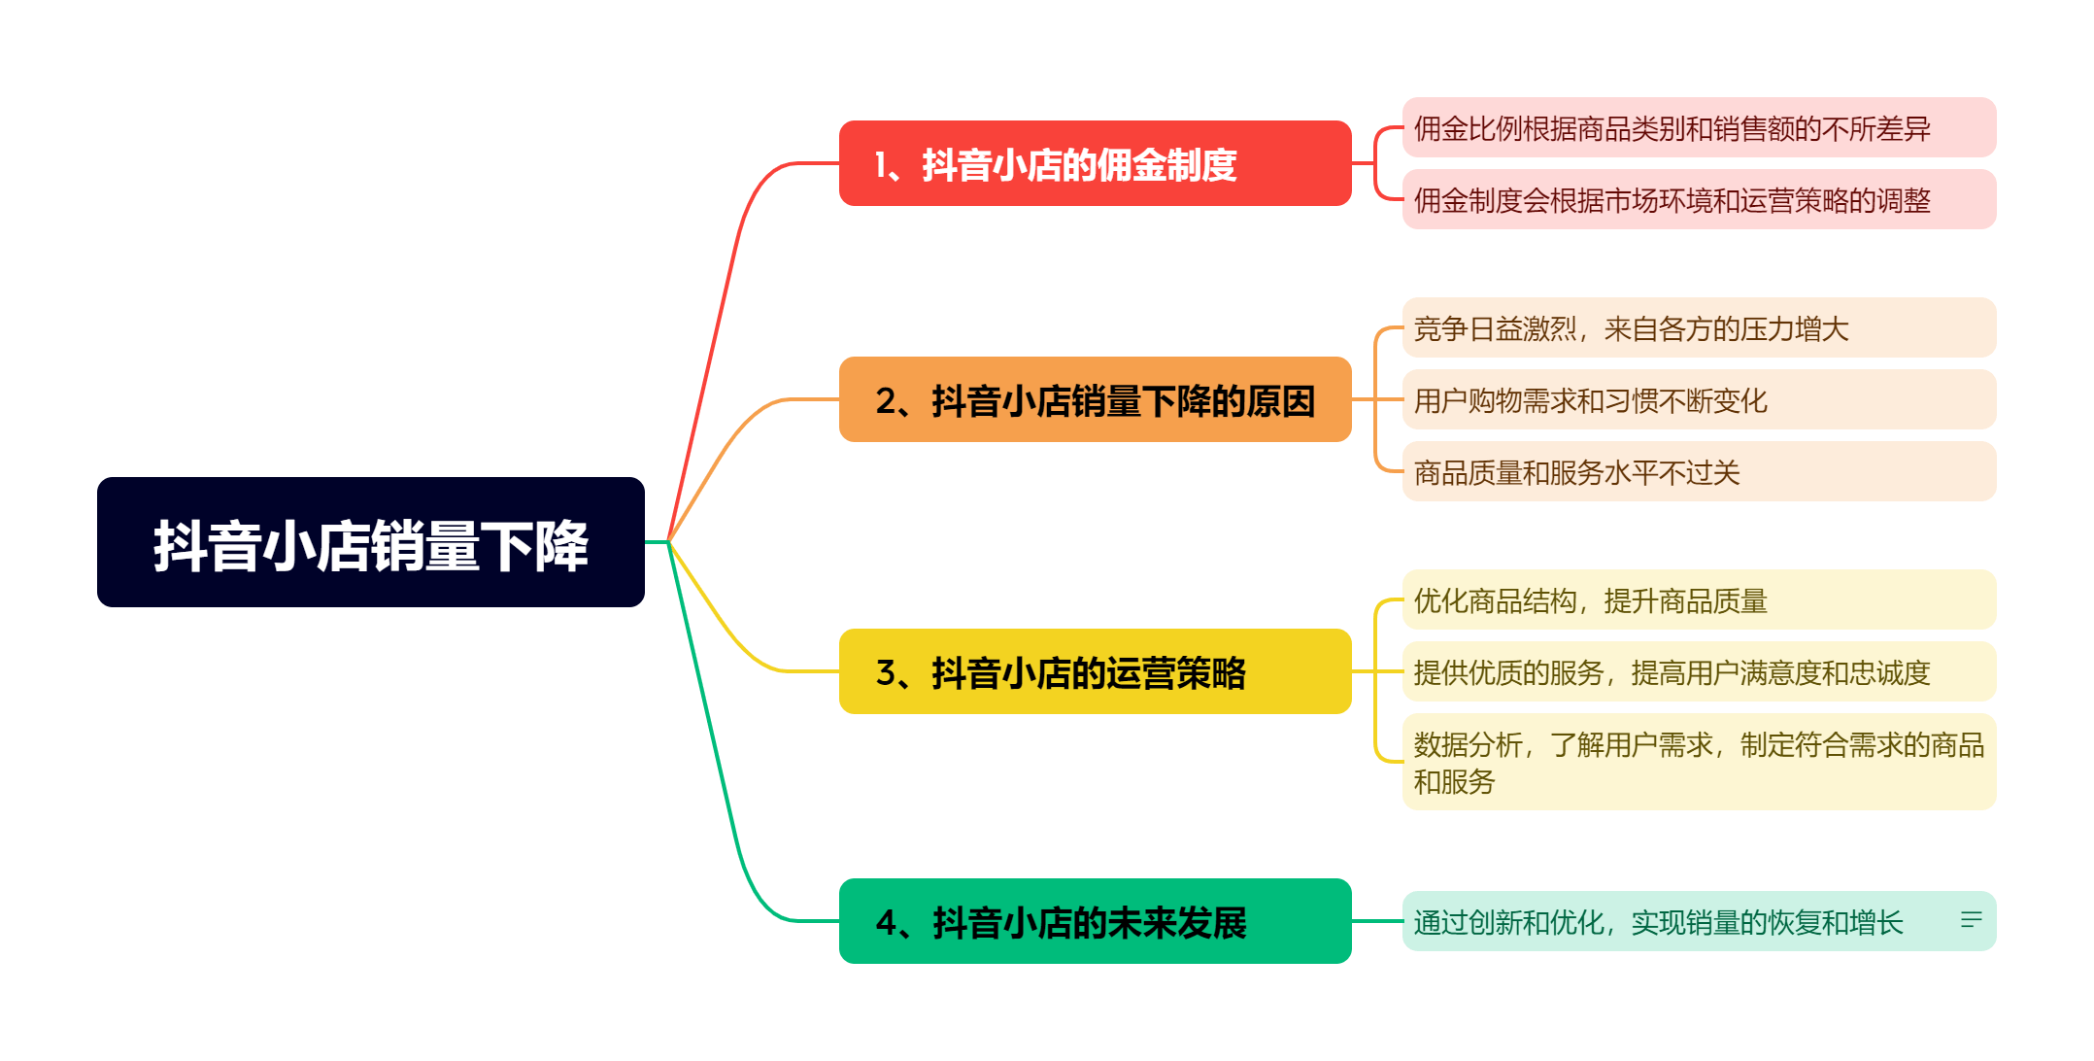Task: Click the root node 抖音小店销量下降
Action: pyautogui.click(x=371, y=542)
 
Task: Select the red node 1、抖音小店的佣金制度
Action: pyautogui.click(x=1095, y=163)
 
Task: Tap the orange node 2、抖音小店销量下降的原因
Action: pyautogui.click(x=1095, y=399)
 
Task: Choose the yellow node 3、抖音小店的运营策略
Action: pyautogui.click(x=1095, y=671)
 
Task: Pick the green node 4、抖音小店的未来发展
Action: pyautogui.click(x=1095, y=921)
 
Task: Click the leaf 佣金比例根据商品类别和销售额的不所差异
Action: pyautogui.click(x=1699, y=127)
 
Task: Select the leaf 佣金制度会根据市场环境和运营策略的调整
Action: pyautogui.click(x=1699, y=199)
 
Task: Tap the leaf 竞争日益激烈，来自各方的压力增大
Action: pyautogui.click(x=1699, y=327)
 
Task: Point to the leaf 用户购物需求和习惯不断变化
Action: pyautogui.click(x=1699, y=399)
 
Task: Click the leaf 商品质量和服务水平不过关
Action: pyautogui.click(x=1699, y=471)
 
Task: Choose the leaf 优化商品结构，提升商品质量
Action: pyautogui.click(x=1699, y=599)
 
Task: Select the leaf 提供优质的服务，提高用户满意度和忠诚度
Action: pyautogui.click(x=1699, y=671)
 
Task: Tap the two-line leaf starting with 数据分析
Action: pyautogui.click(x=1699, y=762)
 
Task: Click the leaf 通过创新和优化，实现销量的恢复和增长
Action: pyautogui.click(x=1699, y=921)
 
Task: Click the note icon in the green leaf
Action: pyautogui.click(x=1971, y=919)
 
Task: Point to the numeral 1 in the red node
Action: pyautogui.click(x=880, y=164)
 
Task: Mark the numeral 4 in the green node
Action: pyautogui.click(x=886, y=922)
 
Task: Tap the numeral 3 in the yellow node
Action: pyautogui.click(x=885, y=672)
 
